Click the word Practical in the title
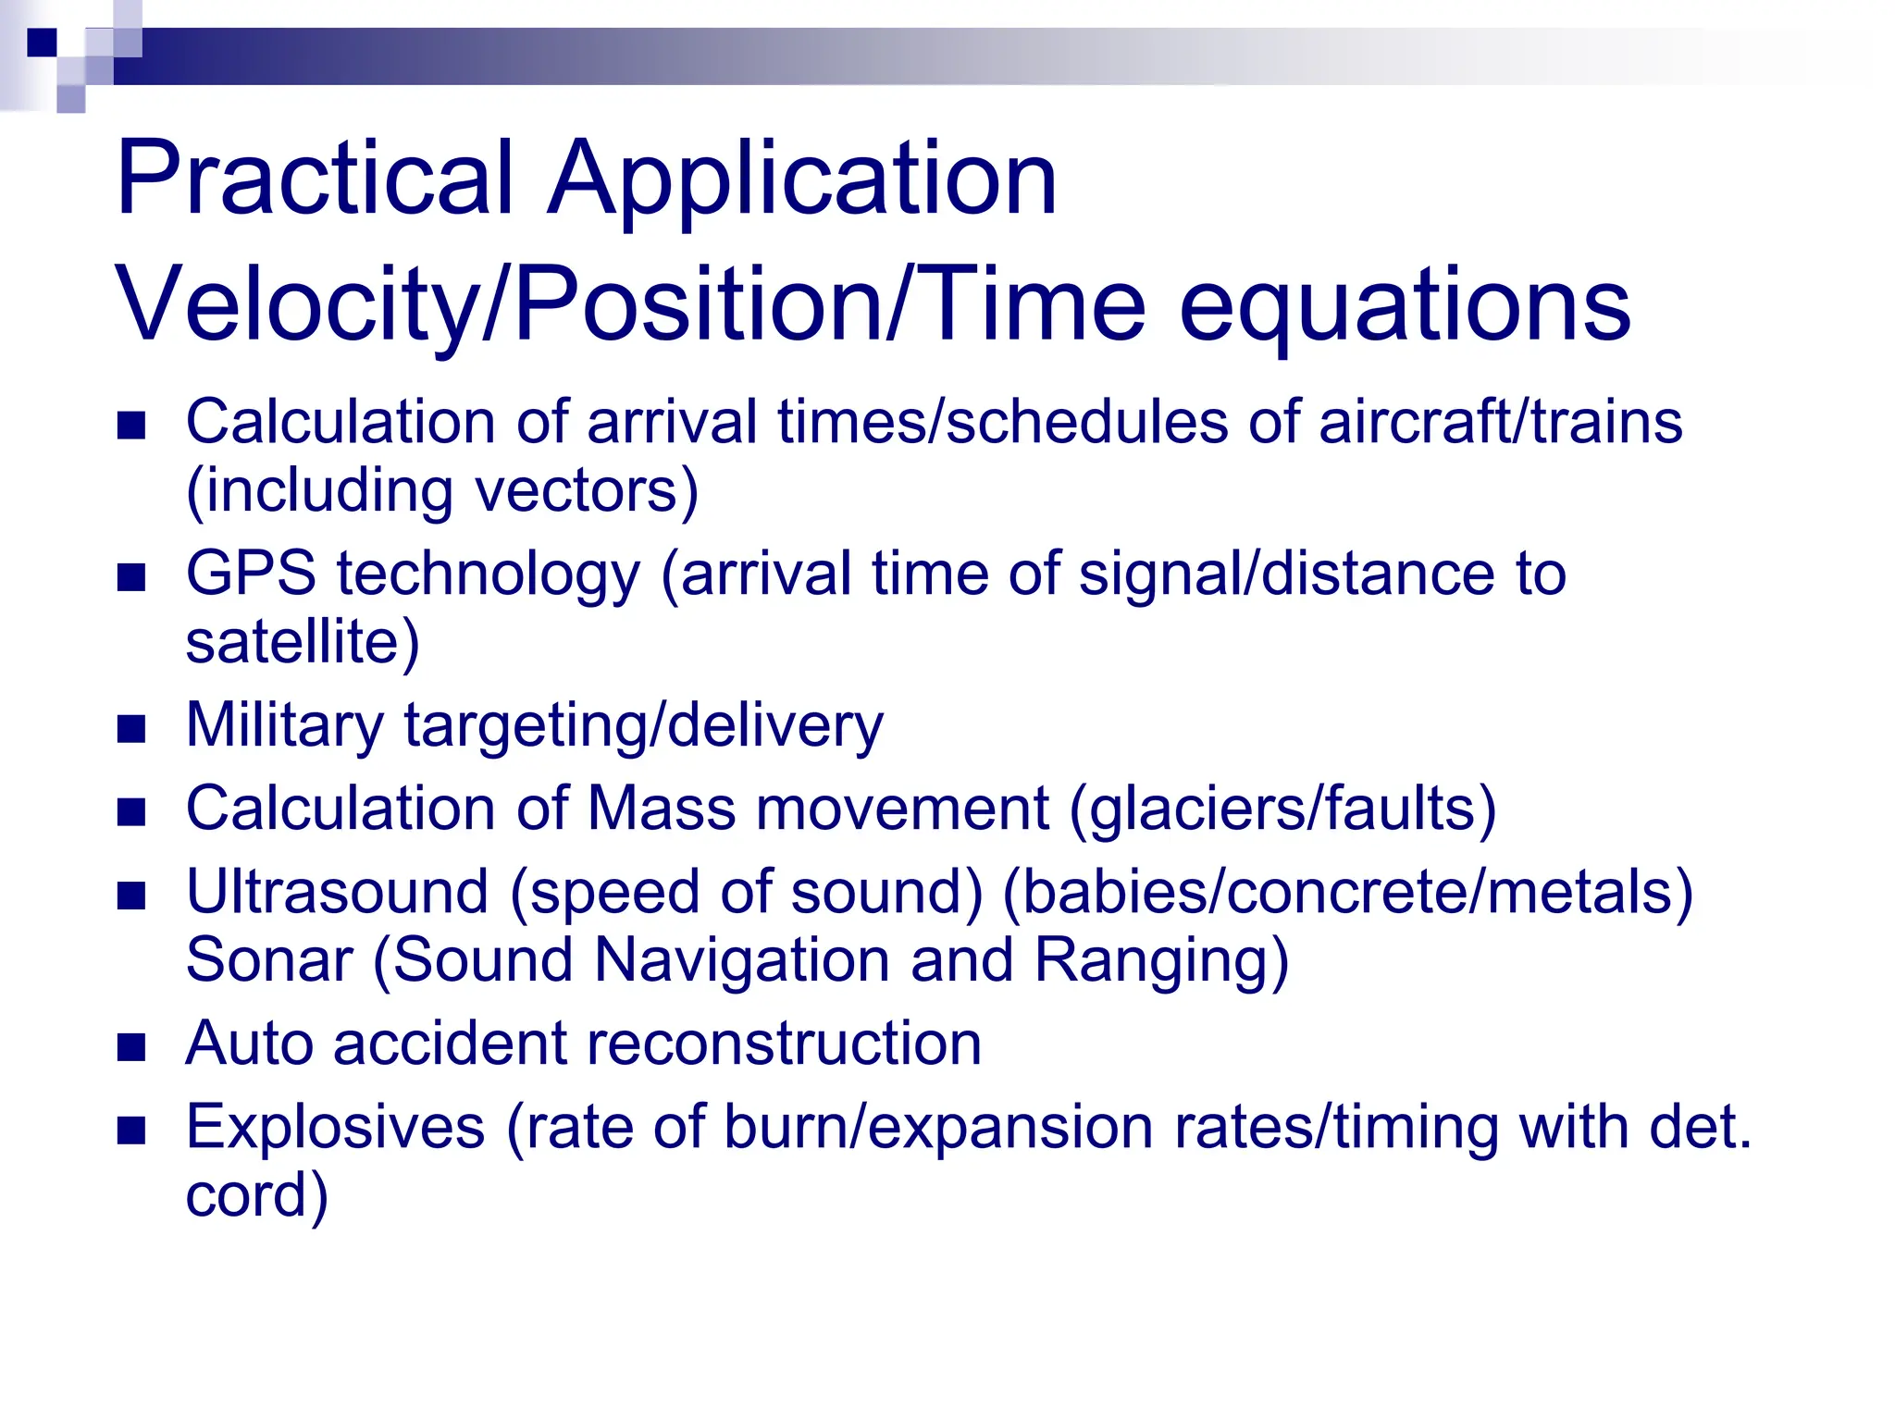coord(315,178)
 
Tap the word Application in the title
coord(801,178)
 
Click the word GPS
coord(251,574)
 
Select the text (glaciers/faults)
coord(1282,809)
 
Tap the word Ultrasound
coord(337,892)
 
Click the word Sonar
coord(269,959)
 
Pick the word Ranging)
coord(1161,959)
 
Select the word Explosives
coord(335,1127)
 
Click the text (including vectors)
coord(442,490)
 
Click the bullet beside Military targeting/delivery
coord(132,729)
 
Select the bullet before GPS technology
coord(132,578)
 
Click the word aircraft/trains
coord(1500,423)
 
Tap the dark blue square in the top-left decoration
coord(42,43)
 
